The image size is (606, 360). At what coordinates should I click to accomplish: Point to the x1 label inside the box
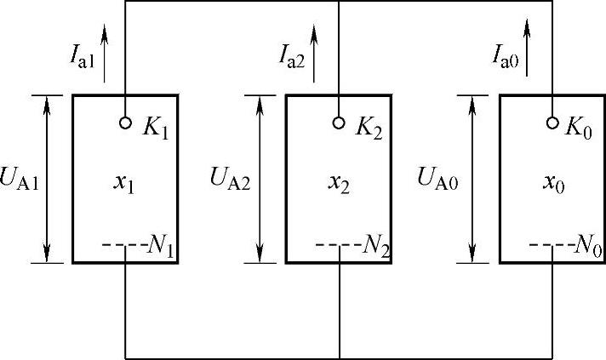(x=125, y=184)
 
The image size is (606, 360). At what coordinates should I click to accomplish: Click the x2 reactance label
(x=339, y=184)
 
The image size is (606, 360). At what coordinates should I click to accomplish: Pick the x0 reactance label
(x=552, y=184)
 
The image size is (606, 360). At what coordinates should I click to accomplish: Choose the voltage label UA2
(x=230, y=180)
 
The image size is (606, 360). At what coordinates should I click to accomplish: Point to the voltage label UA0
(x=439, y=180)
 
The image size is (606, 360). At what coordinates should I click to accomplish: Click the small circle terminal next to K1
(x=126, y=123)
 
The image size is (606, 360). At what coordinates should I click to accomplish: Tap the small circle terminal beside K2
(x=339, y=123)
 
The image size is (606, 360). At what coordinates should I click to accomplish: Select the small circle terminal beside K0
(x=552, y=123)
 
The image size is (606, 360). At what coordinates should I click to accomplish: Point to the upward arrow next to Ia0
(x=529, y=48)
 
